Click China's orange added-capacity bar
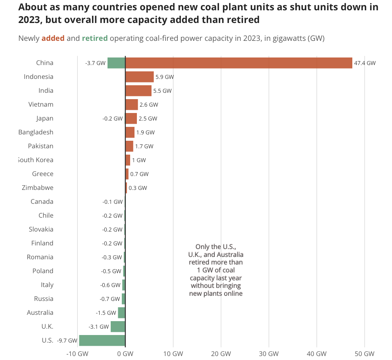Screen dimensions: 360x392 click(x=238, y=63)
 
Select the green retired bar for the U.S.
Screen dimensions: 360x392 click(x=102, y=340)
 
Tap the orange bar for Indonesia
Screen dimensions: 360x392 click(x=139, y=77)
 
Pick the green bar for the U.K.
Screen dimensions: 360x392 click(x=118, y=327)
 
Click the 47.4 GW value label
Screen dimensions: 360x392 click(x=365, y=63)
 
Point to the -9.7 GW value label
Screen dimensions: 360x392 click(x=67, y=341)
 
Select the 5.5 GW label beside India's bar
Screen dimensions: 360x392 click(x=162, y=91)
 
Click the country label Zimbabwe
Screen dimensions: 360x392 click(x=38, y=188)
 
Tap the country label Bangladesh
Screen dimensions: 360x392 click(x=36, y=132)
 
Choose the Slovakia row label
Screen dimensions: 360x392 click(x=41, y=229)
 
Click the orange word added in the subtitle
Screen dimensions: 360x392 click(x=53, y=38)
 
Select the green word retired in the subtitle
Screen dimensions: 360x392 click(x=95, y=38)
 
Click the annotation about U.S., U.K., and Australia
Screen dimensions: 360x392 click(x=216, y=270)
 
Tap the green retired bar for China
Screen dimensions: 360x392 click(x=116, y=63)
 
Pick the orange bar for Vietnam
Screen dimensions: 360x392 click(x=131, y=105)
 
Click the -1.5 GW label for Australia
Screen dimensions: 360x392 click(x=106, y=313)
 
